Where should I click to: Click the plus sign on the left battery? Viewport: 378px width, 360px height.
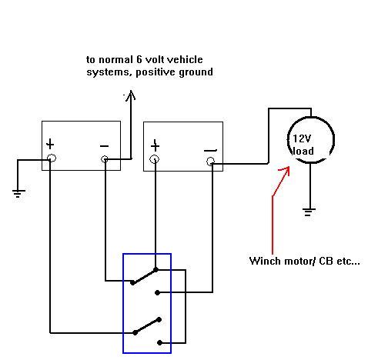(x=50, y=145)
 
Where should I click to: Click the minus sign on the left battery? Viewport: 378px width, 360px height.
(x=104, y=146)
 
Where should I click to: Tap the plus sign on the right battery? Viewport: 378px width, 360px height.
(x=155, y=145)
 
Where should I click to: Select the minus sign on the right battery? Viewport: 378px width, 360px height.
(x=210, y=150)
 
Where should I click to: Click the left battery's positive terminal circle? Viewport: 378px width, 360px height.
(x=52, y=158)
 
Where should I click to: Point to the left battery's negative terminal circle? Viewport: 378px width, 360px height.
(x=105, y=159)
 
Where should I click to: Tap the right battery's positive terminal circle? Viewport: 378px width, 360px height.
(x=154, y=159)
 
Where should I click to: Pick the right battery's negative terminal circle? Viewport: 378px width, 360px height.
(x=210, y=162)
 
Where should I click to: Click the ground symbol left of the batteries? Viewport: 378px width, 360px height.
(x=18, y=194)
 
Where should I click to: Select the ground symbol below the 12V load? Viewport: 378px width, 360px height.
(x=309, y=212)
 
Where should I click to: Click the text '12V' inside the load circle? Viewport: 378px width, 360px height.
(x=302, y=138)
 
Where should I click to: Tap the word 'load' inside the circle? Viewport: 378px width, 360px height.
(x=303, y=151)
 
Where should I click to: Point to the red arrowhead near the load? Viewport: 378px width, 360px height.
(x=286, y=171)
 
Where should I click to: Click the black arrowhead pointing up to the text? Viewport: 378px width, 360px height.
(x=131, y=95)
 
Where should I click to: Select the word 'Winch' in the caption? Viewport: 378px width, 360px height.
(x=265, y=261)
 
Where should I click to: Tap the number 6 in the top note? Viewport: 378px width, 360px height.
(x=139, y=59)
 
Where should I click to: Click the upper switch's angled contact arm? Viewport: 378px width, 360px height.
(x=144, y=276)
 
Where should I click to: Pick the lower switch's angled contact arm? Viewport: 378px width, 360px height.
(x=147, y=326)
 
